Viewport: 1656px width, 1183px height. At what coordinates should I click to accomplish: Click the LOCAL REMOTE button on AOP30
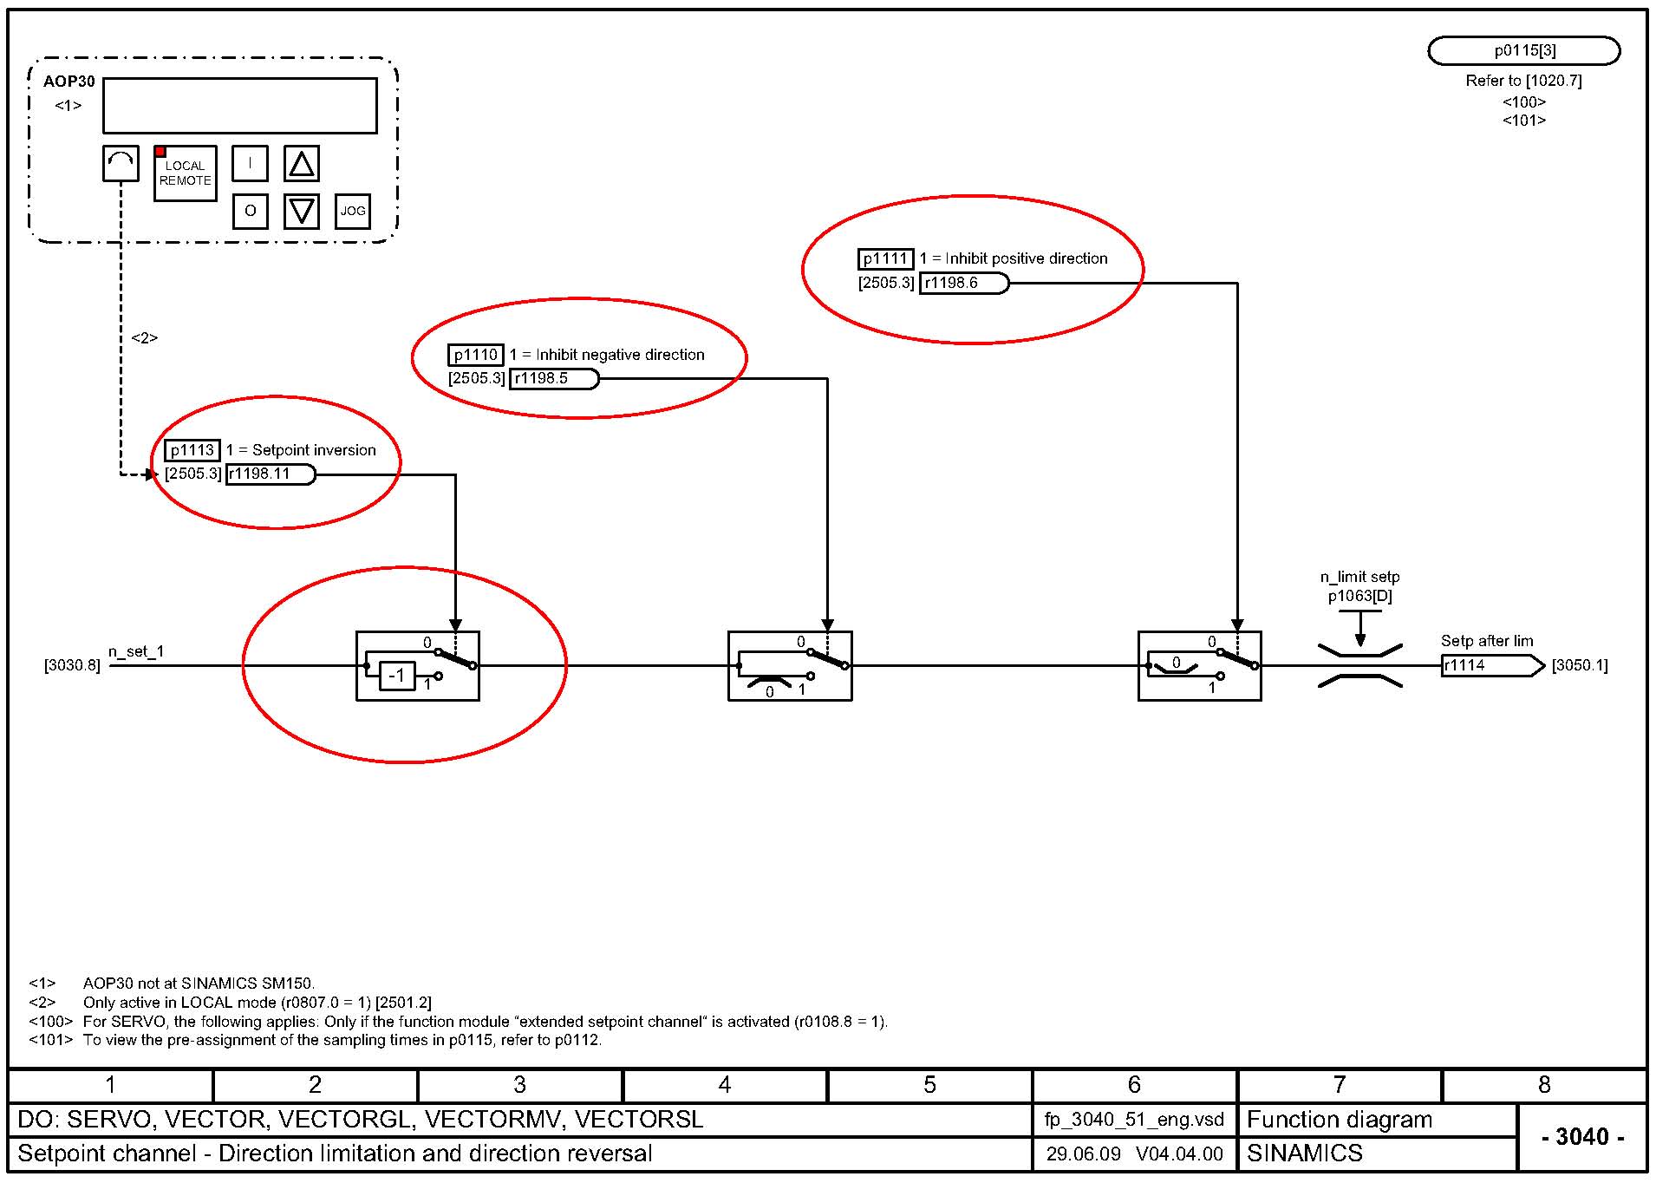(185, 173)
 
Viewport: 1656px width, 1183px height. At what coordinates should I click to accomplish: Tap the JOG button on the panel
(353, 211)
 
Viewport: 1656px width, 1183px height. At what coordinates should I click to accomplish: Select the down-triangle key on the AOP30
(302, 211)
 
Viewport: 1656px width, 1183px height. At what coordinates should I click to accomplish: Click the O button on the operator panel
(250, 211)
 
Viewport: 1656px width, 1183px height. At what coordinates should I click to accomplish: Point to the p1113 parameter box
(192, 450)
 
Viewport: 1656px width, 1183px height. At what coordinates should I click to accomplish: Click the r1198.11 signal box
(270, 474)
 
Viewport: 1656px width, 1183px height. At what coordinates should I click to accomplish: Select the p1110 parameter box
(475, 355)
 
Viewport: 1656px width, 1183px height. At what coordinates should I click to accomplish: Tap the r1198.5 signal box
(552, 379)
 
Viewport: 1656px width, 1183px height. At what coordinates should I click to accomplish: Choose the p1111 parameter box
(885, 258)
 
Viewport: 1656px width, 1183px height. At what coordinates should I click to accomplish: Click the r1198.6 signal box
(963, 283)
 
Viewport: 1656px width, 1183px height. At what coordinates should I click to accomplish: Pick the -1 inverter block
(397, 676)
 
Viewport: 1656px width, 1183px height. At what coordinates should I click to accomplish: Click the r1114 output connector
(1490, 665)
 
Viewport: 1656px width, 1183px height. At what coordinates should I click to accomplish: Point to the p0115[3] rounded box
(1523, 50)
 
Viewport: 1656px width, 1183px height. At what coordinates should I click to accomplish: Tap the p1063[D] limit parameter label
(1359, 596)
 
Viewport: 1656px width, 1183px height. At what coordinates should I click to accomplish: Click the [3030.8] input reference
(72, 665)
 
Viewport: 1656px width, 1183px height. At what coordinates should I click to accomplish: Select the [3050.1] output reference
(1579, 665)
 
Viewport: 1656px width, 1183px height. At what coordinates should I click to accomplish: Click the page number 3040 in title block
(1582, 1136)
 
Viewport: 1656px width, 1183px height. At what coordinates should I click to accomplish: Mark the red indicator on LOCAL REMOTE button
(160, 152)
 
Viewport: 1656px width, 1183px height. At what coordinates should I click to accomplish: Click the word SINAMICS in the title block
(1304, 1154)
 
